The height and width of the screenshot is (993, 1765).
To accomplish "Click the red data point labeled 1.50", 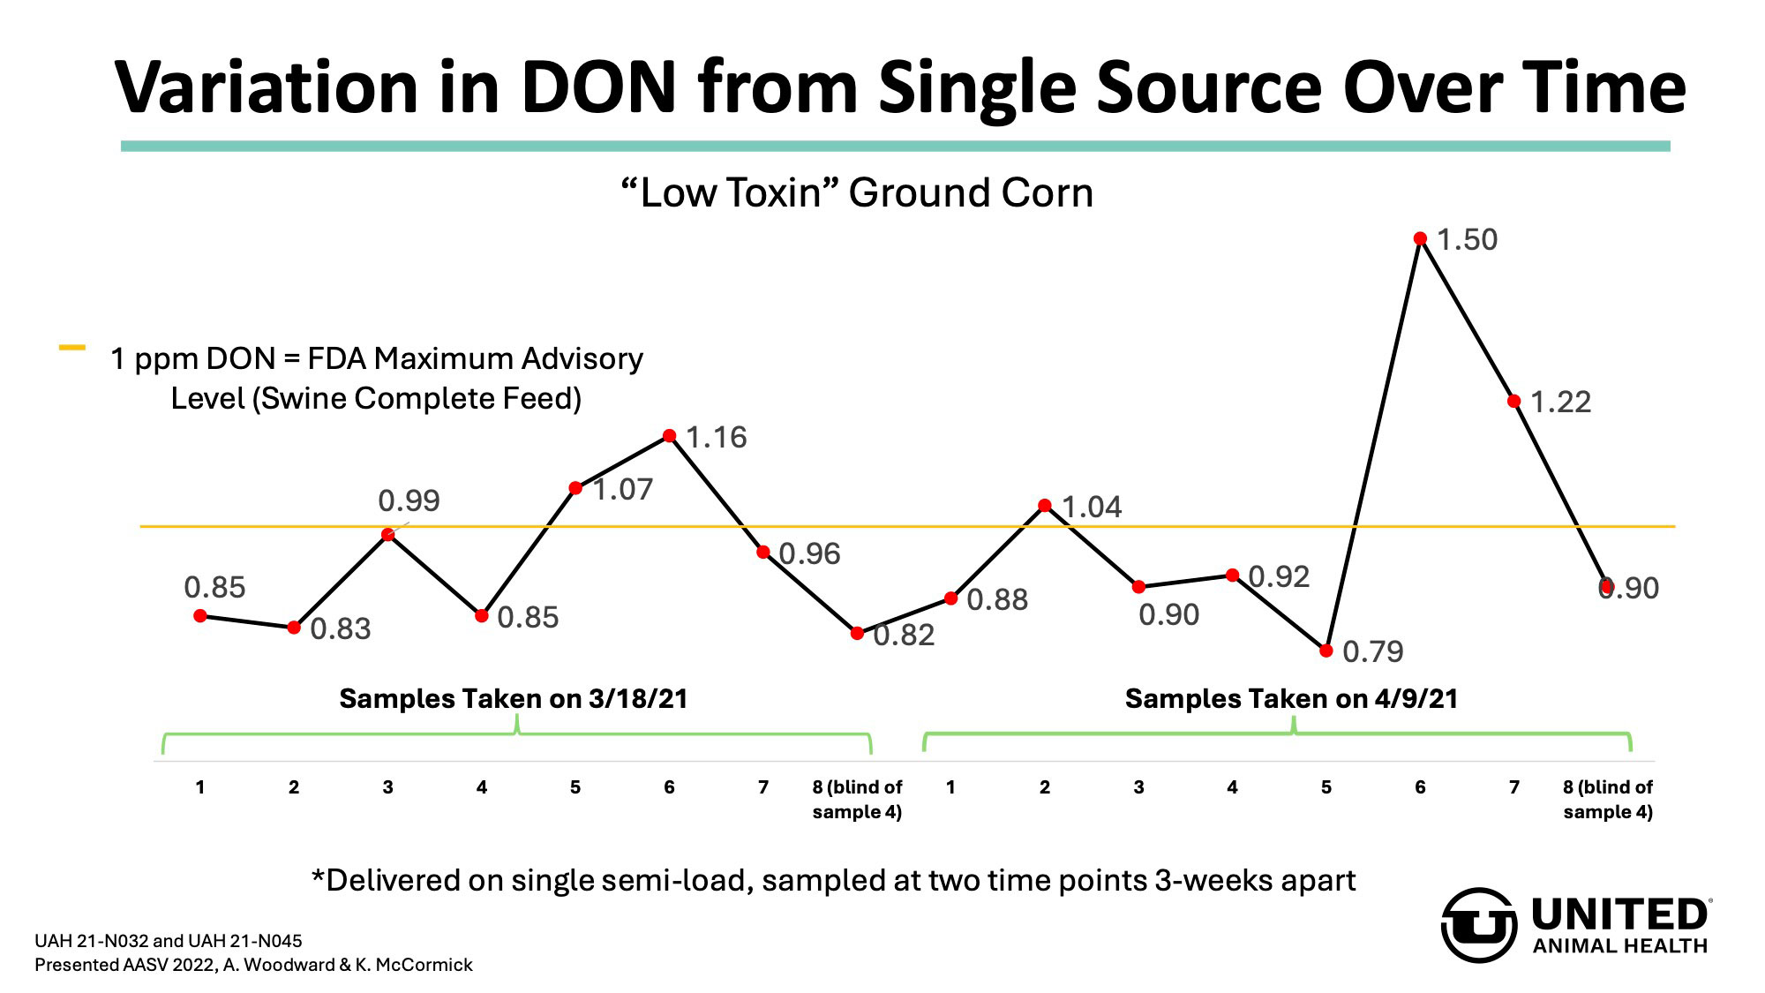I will coord(1420,238).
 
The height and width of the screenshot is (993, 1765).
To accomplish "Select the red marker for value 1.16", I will coord(669,436).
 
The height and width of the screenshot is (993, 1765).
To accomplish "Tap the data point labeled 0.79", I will coord(1326,651).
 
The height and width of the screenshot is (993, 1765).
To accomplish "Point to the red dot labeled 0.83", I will coord(294,628).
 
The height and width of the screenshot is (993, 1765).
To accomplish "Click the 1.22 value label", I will coord(1560,402).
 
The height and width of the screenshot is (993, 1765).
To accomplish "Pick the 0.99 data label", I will coord(409,501).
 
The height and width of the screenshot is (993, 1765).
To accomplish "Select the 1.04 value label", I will coord(1092,508).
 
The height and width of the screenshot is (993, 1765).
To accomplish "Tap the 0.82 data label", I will coord(904,636).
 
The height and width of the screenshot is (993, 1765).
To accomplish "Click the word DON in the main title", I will coord(599,88).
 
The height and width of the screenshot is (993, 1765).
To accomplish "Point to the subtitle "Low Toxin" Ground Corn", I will coord(857,193).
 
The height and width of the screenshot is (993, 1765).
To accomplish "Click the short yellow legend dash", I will coord(71,348).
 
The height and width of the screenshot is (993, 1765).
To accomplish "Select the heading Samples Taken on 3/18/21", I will coord(513,699).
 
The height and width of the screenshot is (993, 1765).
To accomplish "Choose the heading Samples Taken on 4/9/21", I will coord(1291,699).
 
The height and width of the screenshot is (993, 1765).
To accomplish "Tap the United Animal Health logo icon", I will coord(1479,925).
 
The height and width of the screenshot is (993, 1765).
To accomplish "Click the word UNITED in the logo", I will coord(1620,915).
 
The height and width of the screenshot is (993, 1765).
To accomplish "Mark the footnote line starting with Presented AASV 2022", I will coord(253,965).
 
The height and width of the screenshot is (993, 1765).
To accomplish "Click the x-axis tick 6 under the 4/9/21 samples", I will coord(1420,787).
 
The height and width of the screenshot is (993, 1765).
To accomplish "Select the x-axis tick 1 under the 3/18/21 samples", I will coord(200,787).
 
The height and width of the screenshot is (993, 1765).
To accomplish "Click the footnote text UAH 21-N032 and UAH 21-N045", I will coord(168,941).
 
